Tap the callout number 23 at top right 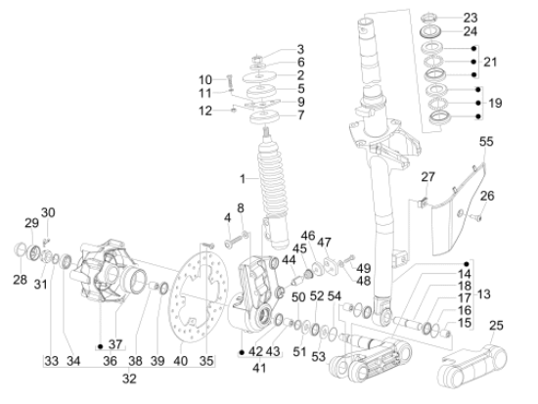(498, 18)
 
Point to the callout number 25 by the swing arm (498, 325)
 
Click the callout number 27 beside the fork (426, 178)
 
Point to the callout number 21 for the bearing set (490, 62)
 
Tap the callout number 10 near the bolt (205, 79)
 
